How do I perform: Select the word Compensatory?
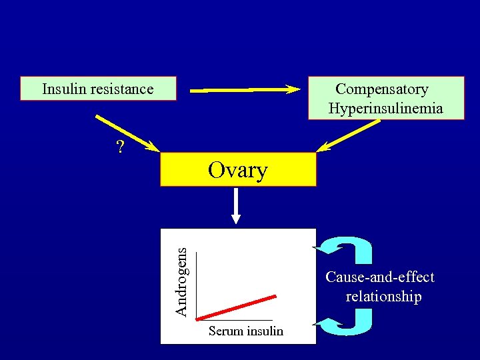(381, 89)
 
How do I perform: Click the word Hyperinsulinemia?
(385, 108)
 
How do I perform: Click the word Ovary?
(237, 170)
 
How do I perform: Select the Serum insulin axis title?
(245, 331)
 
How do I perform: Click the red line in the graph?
(237, 307)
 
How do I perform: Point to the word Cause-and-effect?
(379, 277)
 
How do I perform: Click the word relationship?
(383, 296)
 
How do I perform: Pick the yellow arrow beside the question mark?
(127, 133)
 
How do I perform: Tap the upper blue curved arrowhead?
(327, 249)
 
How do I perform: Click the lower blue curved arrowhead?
(327, 325)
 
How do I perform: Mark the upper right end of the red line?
(275, 296)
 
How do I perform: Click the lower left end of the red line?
(199, 319)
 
